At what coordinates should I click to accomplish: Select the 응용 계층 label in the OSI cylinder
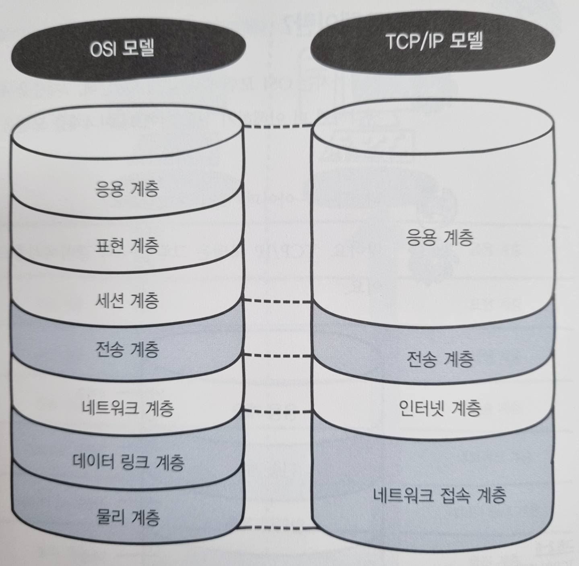[127, 189]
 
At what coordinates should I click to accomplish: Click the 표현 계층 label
[127, 245]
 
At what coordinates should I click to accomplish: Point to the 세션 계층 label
[127, 300]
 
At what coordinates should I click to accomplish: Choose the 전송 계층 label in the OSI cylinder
[127, 349]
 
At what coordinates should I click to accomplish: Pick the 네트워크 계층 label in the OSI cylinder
[128, 408]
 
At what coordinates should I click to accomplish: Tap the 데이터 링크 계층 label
[128, 462]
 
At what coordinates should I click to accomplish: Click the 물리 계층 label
[128, 517]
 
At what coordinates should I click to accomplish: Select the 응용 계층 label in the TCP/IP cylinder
[439, 237]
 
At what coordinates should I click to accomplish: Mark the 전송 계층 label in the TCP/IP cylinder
[439, 359]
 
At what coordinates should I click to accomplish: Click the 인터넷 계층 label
[440, 408]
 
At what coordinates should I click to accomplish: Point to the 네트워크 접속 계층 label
[439, 495]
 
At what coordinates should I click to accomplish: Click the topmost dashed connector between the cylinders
[278, 126]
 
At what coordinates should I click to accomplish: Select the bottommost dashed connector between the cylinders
[278, 527]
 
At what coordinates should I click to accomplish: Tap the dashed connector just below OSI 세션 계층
[278, 301]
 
